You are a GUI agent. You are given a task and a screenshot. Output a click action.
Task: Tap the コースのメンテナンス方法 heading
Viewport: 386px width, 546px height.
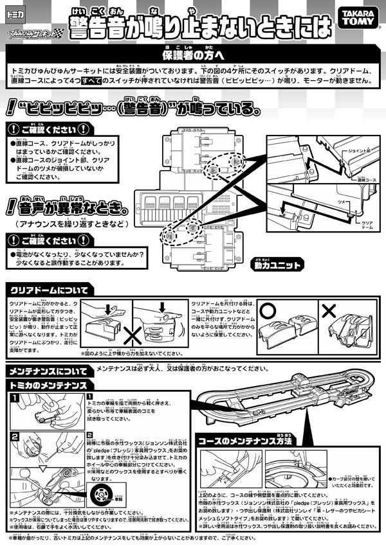[x=243, y=441]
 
